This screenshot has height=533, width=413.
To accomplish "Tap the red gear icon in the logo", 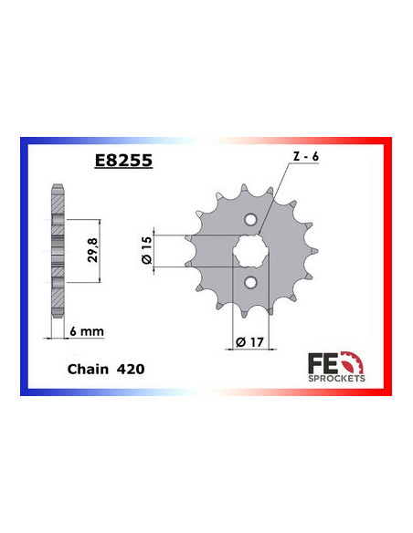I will [354, 360].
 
